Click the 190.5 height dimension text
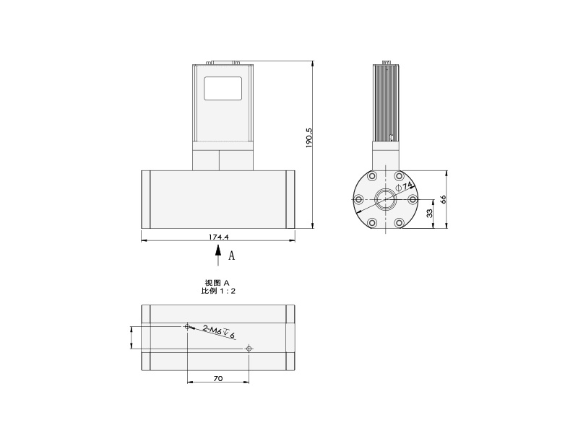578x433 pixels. pos(309,138)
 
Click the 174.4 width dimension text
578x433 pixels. pos(219,237)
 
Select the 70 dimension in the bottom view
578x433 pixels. pos(218,378)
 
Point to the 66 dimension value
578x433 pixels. pos(444,199)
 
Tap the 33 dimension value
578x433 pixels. pos(430,214)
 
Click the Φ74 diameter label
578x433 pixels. pos(403,186)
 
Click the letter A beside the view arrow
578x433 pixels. pos(231,255)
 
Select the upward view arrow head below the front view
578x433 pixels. pos(218,250)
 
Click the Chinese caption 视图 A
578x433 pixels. pos(217,283)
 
